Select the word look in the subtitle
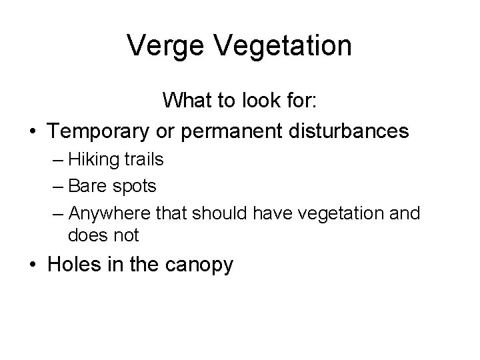click(x=261, y=101)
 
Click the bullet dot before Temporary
click(x=32, y=131)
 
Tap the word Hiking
click(x=91, y=160)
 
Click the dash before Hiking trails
click(x=57, y=161)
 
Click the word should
click(x=217, y=213)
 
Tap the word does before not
click(x=87, y=235)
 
